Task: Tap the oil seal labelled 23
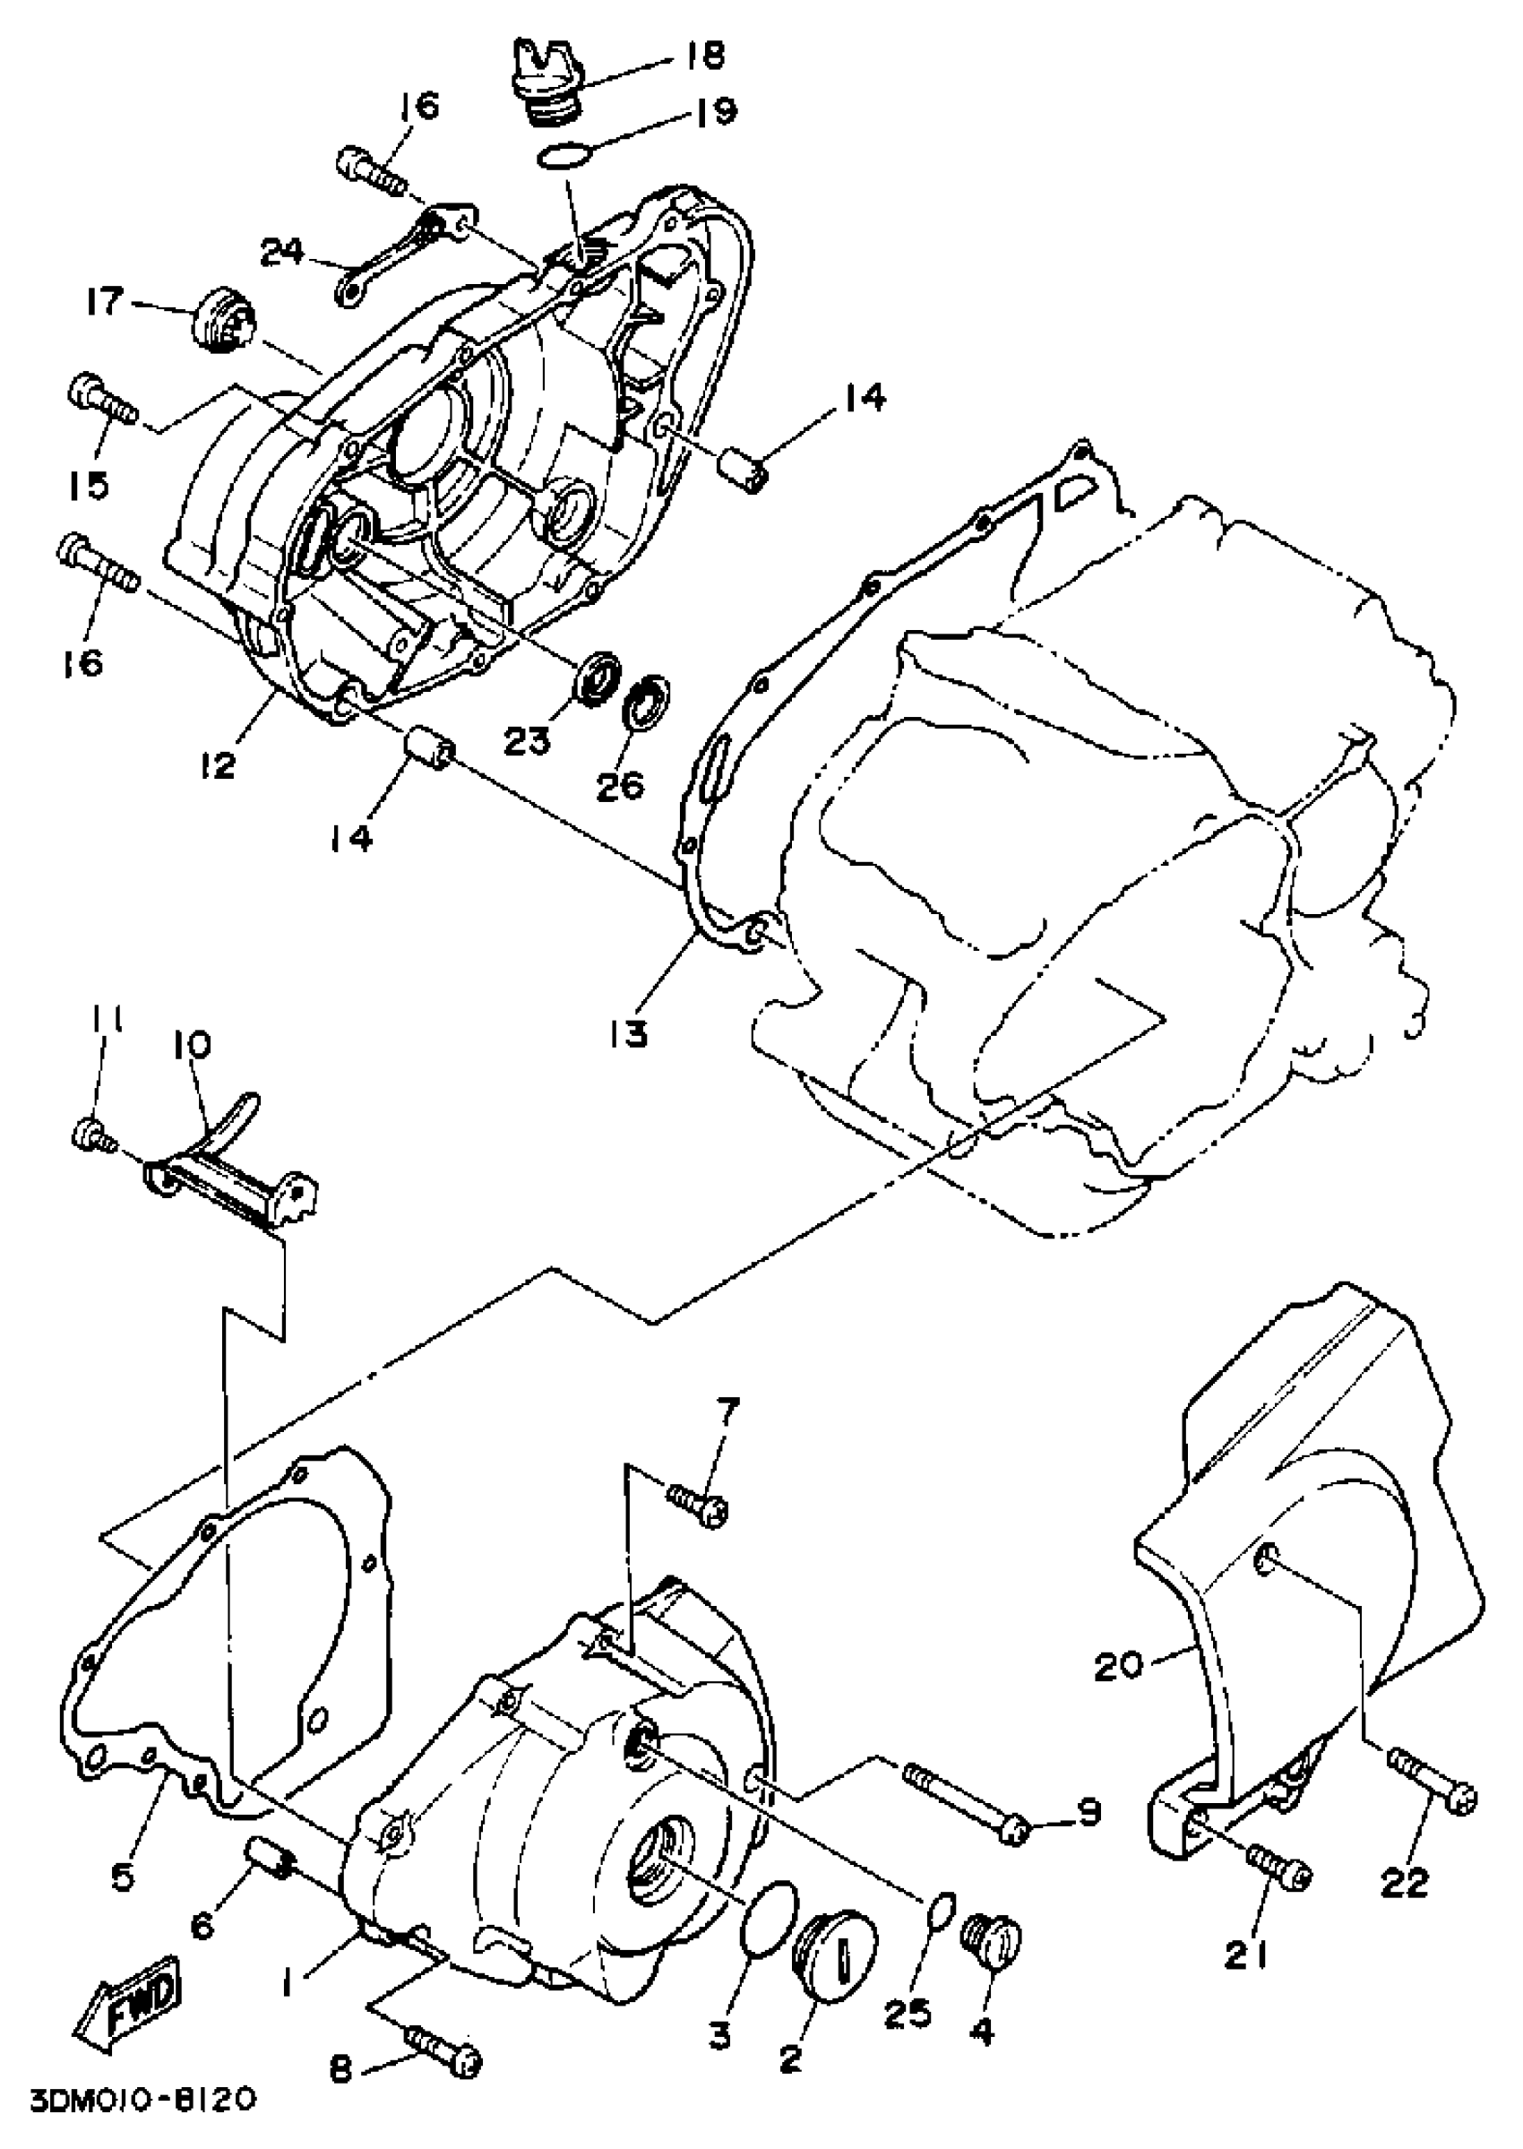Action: (598, 672)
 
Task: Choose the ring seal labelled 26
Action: (647, 699)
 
